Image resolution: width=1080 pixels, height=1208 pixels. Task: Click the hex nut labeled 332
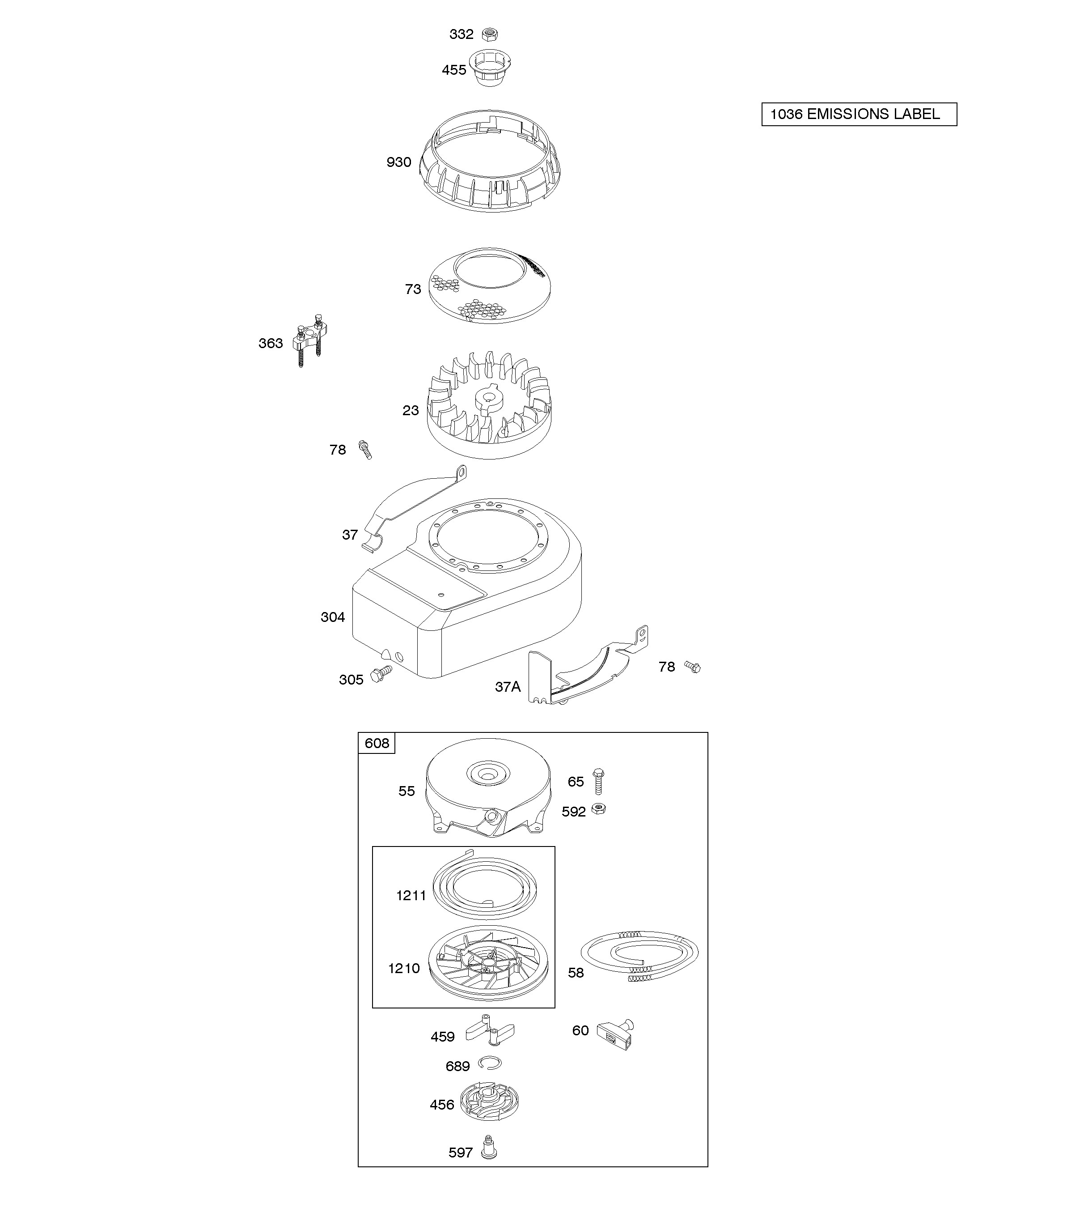pyautogui.click(x=490, y=34)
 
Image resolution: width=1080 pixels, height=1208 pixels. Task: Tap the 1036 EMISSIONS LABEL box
pyautogui.click(x=859, y=114)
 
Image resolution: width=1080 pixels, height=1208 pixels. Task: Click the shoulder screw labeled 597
pyautogui.click(x=490, y=1151)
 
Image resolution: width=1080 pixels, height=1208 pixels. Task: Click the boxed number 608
pyautogui.click(x=377, y=743)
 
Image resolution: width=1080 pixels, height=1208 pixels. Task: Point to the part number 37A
pyautogui.click(x=508, y=686)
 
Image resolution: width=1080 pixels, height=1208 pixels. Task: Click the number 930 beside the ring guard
pyautogui.click(x=399, y=162)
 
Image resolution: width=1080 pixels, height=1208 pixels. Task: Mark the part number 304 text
pyautogui.click(x=333, y=617)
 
